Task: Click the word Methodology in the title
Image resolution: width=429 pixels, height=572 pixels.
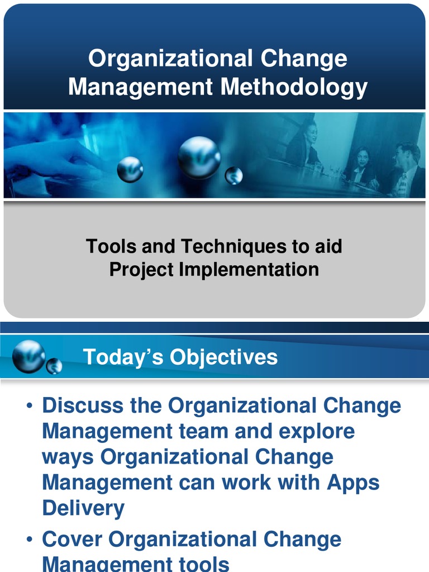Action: (x=294, y=88)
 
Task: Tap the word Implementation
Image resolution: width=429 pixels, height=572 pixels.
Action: (x=249, y=270)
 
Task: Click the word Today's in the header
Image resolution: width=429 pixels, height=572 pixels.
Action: (x=123, y=356)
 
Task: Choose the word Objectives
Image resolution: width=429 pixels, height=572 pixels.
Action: (x=223, y=357)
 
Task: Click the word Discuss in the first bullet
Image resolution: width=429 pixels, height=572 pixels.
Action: (x=83, y=406)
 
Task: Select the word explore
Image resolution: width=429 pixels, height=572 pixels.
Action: (x=317, y=432)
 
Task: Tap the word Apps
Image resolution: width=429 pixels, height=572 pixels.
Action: (x=353, y=483)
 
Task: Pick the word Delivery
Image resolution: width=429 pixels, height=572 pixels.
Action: (x=84, y=508)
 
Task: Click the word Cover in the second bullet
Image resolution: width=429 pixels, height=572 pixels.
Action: (x=72, y=539)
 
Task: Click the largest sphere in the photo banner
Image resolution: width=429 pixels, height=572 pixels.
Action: (x=199, y=158)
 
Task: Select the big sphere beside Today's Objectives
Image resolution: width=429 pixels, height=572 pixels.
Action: (x=29, y=356)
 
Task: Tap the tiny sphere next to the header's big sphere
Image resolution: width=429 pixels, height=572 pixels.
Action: (x=54, y=366)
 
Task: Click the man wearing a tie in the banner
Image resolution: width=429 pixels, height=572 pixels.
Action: (x=408, y=170)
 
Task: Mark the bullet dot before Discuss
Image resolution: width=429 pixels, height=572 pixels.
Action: (x=30, y=406)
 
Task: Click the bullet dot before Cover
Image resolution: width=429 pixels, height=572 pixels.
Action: (x=30, y=540)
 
